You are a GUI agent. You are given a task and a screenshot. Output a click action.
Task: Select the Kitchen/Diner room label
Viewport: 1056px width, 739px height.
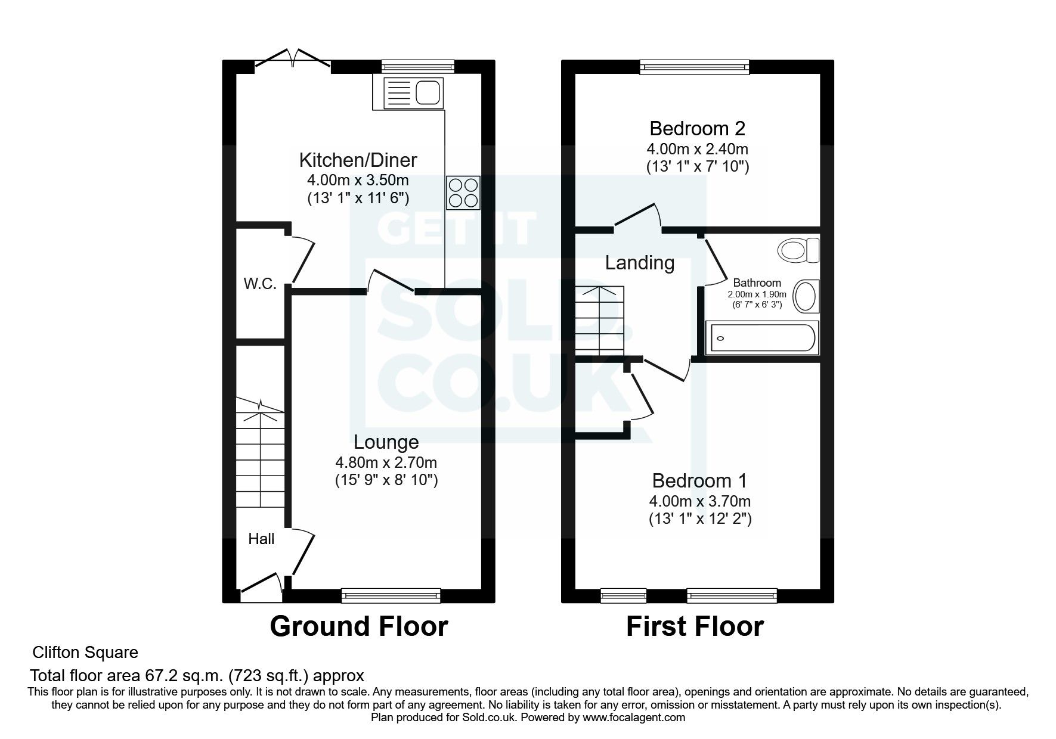[x=358, y=160]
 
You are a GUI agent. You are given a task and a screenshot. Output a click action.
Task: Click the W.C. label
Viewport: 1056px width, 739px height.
[x=260, y=284]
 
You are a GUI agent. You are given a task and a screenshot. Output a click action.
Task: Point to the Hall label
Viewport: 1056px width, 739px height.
[x=261, y=539]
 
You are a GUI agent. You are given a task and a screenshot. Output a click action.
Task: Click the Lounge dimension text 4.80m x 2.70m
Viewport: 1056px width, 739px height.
[x=386, y=462]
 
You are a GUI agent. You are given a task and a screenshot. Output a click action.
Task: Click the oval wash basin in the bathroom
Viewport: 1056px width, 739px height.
[x=807, y=296]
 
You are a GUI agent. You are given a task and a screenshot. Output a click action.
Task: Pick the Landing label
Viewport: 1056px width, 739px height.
[x=640, y=262]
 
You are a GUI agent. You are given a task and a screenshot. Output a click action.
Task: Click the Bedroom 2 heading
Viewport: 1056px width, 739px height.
[x=698, y=128]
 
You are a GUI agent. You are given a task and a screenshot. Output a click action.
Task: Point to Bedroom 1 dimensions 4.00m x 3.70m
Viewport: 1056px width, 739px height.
[x=700, y=501]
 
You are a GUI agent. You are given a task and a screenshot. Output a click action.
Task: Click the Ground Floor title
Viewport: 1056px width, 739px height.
[x=358, y=626]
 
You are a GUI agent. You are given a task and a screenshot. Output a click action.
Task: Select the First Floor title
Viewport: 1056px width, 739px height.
[x=695, y=626]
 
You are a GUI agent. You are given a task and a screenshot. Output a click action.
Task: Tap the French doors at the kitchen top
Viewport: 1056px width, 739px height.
[x=293, y=60]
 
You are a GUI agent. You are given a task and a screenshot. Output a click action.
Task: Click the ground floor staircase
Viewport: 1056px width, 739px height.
[x=260, y=453]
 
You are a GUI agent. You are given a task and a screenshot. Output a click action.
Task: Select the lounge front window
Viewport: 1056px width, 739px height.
[x=391, y=594]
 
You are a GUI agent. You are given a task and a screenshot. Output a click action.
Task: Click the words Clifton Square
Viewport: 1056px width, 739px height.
[x=85, y=653]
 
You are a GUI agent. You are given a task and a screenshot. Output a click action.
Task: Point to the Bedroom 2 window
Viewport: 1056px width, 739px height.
[x=695, y=67]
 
